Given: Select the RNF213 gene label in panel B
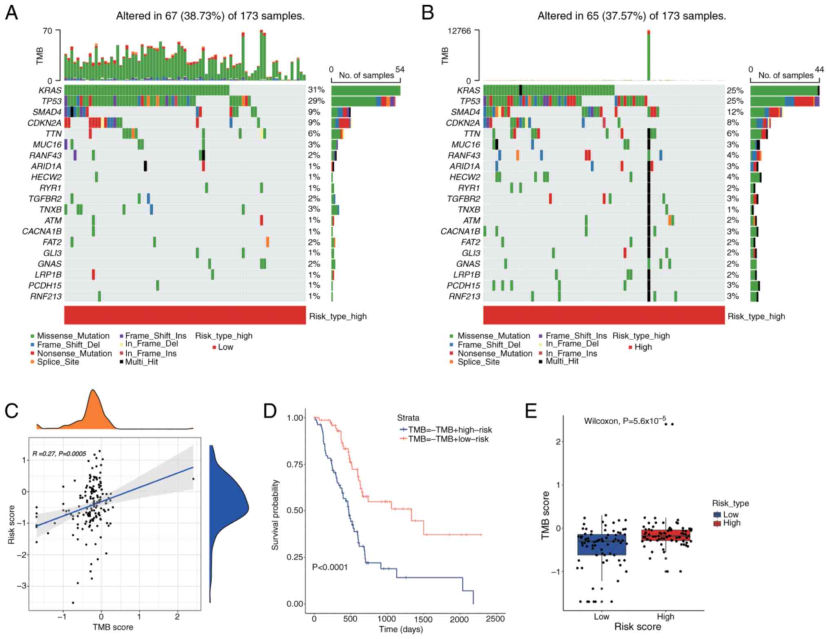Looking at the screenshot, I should pyautogui.click(x=464, y=296).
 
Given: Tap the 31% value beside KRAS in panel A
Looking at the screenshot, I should pyautogui.click(x=316, y=90).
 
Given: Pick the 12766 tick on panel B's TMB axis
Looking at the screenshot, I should pyautogui.click(x=459, y=31).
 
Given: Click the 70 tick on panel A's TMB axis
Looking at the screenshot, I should pyautogui.click(x=48, y=31).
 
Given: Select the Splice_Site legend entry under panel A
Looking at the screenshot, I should pyautogui.click(x=58, y=362).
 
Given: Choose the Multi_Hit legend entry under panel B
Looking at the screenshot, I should pyautogui.click(x=562, y=361).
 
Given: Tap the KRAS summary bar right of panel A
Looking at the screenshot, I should pyautogui.click(x=366, y=90).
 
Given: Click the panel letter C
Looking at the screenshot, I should pyautogui.click(x=11, y=411).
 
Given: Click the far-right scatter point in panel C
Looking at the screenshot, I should pyautogui.click(x=193, y=479).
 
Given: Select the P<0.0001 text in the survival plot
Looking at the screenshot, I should pyautogui.click(x=330, y=567).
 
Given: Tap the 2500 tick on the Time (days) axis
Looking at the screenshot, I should pyautogui.click(x=495, y=619).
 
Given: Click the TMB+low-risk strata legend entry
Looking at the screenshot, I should pyautogui.click(x=448, y=439).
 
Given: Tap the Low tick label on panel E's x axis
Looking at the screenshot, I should pyautogui.click(x=601, y=617).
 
